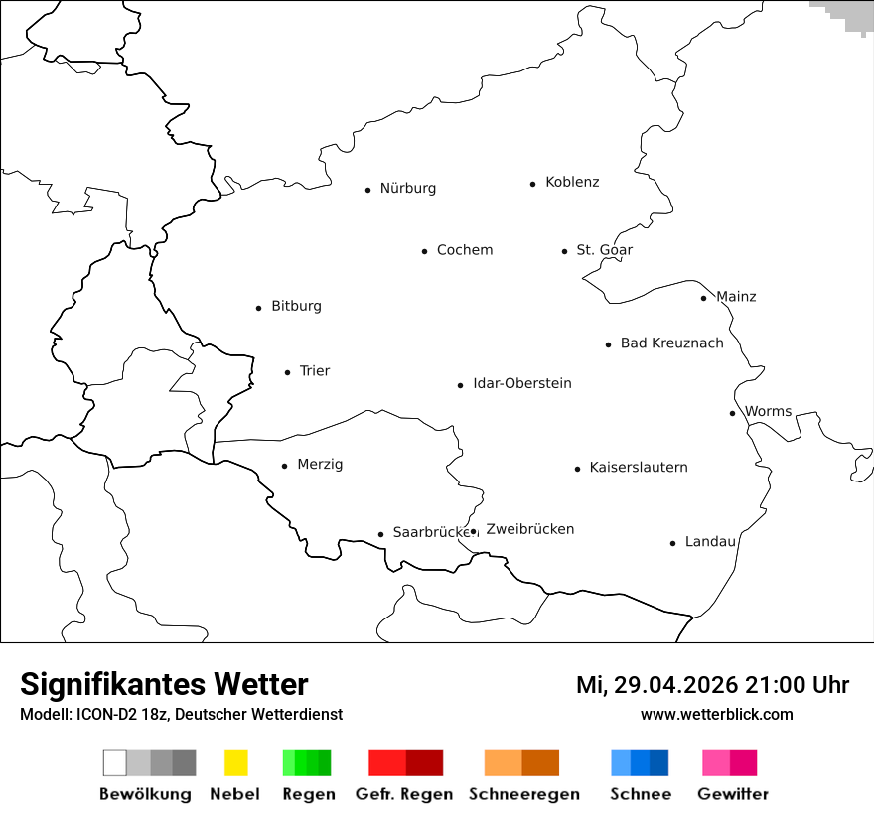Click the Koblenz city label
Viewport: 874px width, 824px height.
point(572,183)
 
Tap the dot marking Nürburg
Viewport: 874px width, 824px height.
point(367,190)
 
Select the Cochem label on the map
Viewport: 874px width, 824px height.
point(465,250)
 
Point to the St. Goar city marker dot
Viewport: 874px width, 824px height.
point(564,251)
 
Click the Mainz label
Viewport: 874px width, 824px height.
point(736,297)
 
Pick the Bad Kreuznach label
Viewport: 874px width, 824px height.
point(671,343)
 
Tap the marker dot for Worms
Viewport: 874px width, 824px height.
point(732,413)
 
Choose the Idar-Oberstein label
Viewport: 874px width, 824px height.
point(522,384)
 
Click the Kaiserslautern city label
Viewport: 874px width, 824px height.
point(639,468)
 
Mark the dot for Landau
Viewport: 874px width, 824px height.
point(672,543)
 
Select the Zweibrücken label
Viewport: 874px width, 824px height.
point(530,530)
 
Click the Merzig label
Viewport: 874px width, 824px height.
point(320,465)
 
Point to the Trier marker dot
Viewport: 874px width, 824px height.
point(287,372)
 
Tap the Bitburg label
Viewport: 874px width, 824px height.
point(296,307)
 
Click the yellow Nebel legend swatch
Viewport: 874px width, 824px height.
point(235,762)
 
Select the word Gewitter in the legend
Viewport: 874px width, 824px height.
point(733,794)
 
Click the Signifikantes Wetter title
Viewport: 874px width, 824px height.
point(164,685)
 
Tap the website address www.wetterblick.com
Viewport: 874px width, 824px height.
point(716,715)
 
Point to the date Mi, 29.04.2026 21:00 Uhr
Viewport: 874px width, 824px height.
point(712,685)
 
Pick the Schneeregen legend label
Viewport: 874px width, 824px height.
point(523,794)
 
